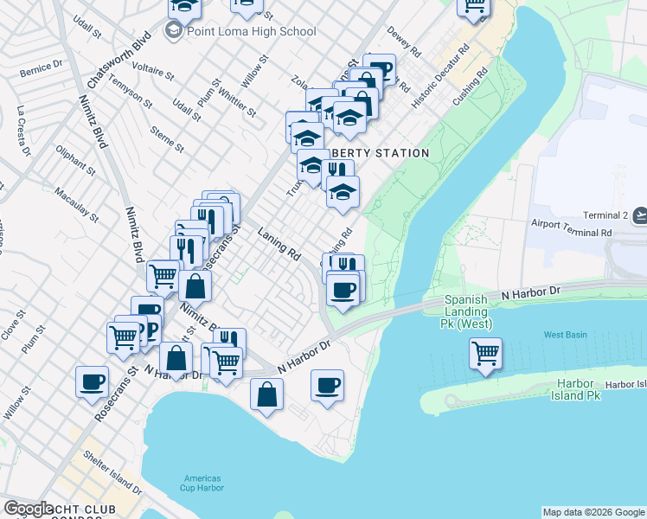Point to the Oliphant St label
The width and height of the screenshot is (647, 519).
76,161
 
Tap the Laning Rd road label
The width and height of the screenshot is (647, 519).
279,244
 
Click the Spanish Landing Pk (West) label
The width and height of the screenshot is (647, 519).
468,312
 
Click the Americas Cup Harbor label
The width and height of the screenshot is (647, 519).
202,483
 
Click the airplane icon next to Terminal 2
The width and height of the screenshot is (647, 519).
639,215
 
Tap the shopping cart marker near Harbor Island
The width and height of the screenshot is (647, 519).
485,353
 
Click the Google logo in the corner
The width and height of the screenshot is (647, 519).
29,509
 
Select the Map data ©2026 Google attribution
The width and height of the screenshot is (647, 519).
593,512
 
